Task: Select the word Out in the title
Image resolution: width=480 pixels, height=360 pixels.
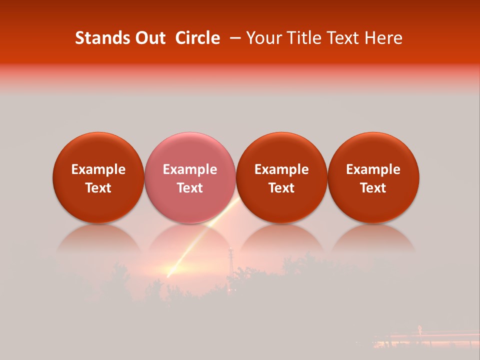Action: (148, 38)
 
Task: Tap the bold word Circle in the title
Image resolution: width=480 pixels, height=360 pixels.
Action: (197, 38)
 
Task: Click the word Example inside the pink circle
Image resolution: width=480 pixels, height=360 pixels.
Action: (189, 170)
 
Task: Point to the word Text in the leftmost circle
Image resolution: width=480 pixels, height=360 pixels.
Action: (98, 188)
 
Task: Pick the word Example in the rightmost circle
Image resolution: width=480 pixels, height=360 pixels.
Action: (373, 170)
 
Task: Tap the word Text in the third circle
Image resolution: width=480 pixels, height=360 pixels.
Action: (281, 188)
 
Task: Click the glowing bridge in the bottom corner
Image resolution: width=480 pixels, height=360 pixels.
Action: (425, 337)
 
